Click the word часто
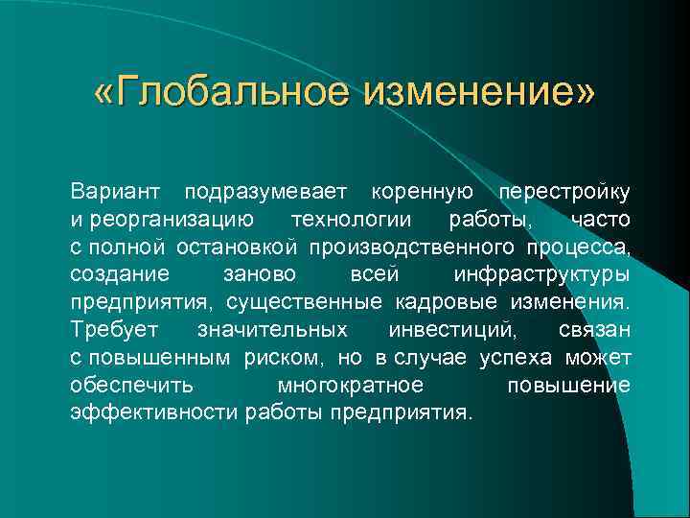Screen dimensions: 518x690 [x=601, y=221]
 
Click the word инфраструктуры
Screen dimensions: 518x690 [x=541, y=275]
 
